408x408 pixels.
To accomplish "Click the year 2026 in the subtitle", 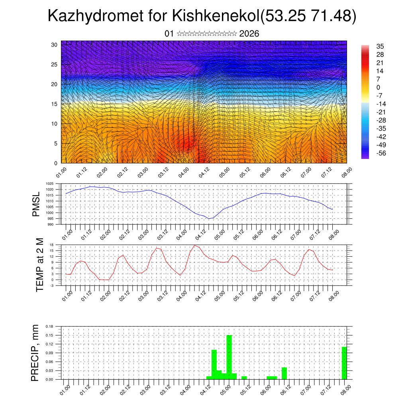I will (249, 34).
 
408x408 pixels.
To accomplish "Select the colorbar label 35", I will (381, 46).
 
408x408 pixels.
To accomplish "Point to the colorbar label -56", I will (381, 153).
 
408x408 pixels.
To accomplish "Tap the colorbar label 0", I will (378, 87).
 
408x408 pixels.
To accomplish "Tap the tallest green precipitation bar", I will (229, 357).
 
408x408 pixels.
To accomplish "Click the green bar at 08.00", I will (344, 363).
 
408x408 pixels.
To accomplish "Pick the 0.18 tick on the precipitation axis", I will (49, 326).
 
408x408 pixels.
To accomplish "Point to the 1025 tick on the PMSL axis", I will (49, 184).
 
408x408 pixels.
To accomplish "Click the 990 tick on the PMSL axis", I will (51, 225).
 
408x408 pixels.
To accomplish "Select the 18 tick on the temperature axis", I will (51, 245).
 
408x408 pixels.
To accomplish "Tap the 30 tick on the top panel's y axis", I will (54, 45).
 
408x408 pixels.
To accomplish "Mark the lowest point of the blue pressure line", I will (208, 219).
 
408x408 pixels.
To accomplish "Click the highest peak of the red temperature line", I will (194, 245).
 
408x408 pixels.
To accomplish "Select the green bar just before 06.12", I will (284, 373).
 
